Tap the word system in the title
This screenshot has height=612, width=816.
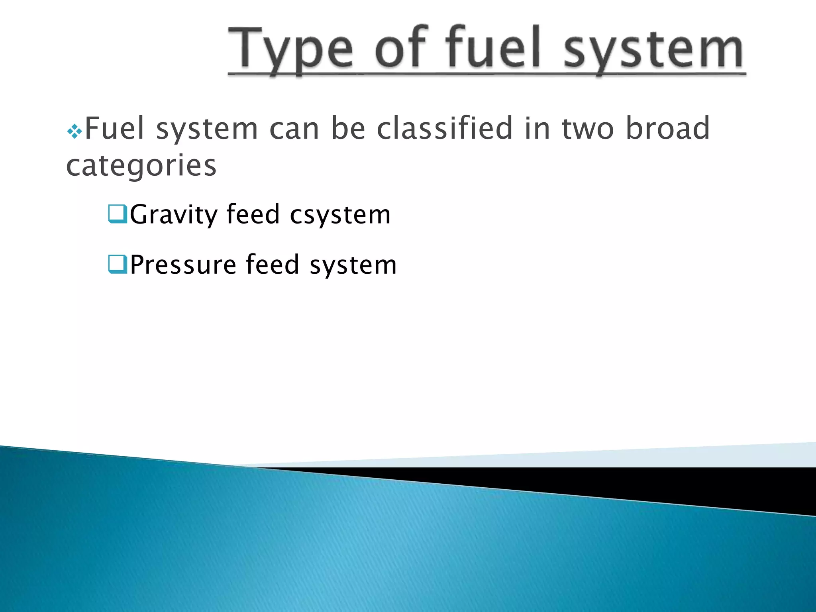(653, 50)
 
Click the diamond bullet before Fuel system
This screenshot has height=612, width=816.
(75, 131)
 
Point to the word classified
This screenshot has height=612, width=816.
(445, 128)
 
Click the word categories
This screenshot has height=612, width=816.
(141, 166)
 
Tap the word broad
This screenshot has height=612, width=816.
(668, 128)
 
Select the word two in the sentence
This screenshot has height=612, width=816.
(588, 129)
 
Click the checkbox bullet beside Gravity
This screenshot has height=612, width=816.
(118, 214)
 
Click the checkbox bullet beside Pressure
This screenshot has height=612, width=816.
(118, 264)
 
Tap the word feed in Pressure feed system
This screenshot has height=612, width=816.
(273, 264)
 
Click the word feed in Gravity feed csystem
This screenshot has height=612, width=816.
(253, 214)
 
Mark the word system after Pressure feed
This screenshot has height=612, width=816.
(353, 265)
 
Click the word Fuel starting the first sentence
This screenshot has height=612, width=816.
(115, 128)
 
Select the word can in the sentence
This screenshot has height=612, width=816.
(294, 129)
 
